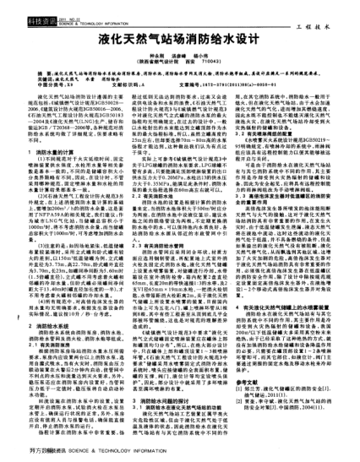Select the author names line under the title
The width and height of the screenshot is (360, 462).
click(179, 56)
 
